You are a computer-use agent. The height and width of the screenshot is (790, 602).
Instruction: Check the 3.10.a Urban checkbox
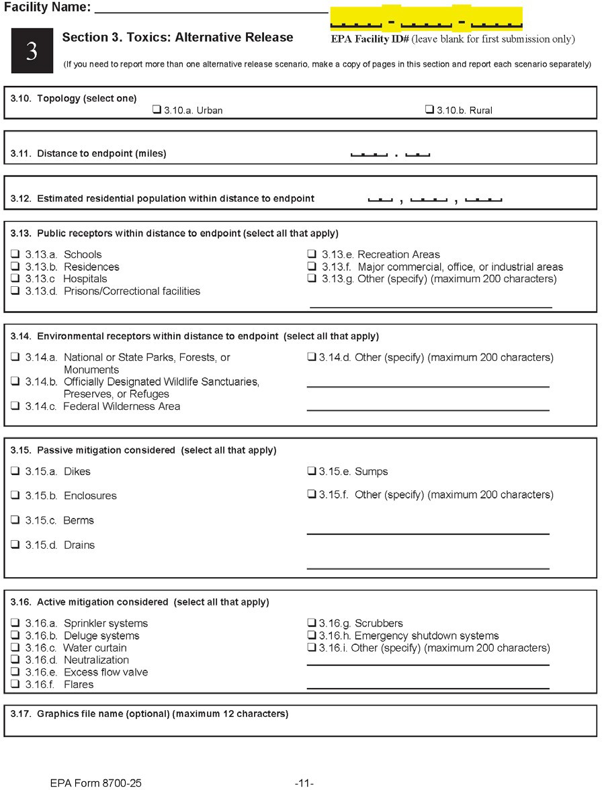[157, 110]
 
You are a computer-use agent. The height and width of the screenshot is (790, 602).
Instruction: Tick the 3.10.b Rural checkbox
[429, 110]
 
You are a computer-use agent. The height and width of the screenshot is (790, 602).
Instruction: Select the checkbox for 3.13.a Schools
[15, 255]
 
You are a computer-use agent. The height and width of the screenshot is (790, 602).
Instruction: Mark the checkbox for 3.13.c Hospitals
[15, 279]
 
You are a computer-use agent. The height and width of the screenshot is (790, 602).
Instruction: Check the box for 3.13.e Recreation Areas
[312, 255]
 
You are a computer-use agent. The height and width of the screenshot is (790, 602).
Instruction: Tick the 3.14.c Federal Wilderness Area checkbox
[15, 406]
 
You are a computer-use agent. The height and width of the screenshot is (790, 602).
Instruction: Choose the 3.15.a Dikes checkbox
[15, 472]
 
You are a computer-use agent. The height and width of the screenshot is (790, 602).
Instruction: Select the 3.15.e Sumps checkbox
[312, 472]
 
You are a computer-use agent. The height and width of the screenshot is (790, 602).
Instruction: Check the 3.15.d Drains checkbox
[15, 545]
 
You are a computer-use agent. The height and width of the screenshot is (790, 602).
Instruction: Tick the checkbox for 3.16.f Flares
[15, 685]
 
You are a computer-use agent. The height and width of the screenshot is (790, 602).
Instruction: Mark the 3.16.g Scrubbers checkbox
[312, 623]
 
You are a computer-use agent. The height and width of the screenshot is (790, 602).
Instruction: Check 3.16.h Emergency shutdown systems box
[312, 635]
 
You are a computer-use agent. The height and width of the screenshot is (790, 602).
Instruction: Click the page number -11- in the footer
[304, 783]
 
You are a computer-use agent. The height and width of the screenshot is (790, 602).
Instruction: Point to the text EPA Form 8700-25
[95, 783]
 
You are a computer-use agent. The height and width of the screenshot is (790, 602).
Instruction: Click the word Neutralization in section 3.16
[96, 660]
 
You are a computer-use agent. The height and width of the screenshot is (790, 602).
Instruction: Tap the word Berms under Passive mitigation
[79, 521]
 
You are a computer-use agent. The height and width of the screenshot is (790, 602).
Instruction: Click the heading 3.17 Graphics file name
[149, 713]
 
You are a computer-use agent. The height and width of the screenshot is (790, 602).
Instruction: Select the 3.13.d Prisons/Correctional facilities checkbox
[15, 291]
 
